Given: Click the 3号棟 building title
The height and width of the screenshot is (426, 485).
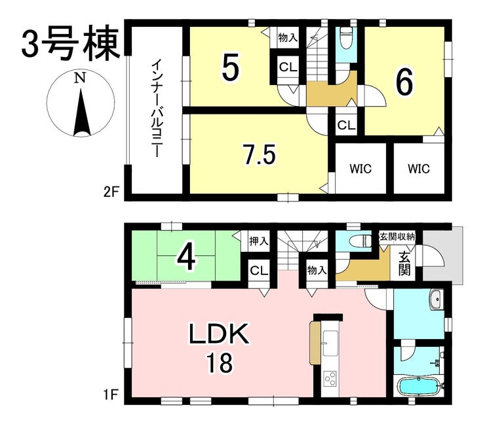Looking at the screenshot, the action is click(71, 44).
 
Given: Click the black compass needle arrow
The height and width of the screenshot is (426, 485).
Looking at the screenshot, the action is click(82, 113).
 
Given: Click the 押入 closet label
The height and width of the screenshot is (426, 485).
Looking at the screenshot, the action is click(259, 241).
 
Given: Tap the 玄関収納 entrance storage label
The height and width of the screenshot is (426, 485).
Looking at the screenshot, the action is click(397, 237).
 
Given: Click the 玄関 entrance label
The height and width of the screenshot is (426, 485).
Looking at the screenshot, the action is click(404, 264).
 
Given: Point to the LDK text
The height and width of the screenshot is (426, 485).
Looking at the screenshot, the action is click(219, 334).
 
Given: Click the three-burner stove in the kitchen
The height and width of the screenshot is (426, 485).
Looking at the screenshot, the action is click(330, 378).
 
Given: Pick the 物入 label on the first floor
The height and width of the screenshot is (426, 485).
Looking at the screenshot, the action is click(317, 271).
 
